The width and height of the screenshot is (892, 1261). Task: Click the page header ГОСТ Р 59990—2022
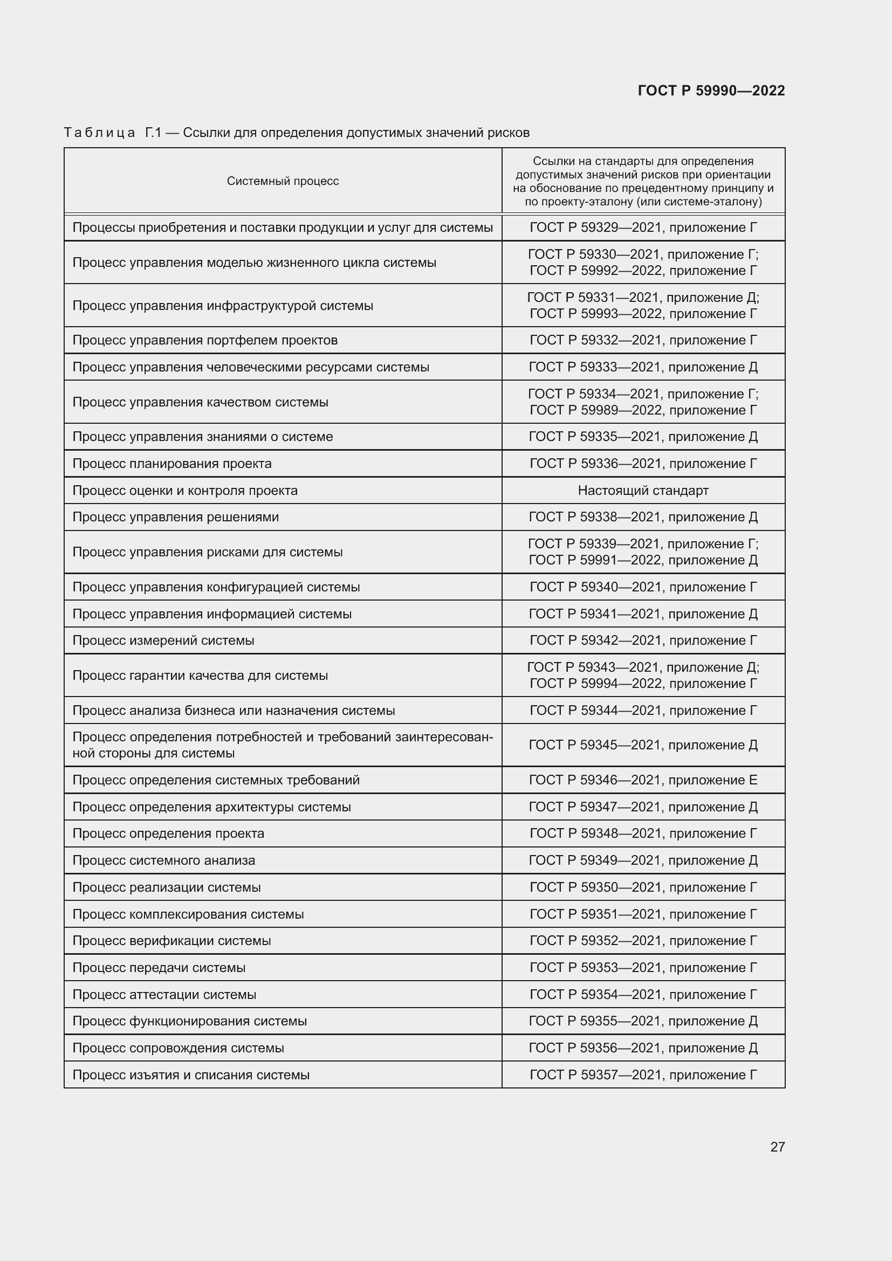[x=711, y=91]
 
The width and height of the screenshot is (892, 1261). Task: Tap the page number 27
[x=777, y=1147]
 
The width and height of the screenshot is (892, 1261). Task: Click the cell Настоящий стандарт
[x=643, y=491]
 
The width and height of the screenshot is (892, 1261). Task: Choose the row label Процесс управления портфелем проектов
[x=205, y=340]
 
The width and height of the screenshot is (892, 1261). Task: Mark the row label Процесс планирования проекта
[x=172, y=464]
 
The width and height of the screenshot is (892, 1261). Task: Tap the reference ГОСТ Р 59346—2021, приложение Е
[x=643, y=780]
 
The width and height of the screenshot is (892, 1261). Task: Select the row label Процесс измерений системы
[x=163, y=640]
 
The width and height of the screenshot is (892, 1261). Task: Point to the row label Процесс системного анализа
[x=164, y=860]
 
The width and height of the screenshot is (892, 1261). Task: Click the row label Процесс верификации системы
[x=171, y=941]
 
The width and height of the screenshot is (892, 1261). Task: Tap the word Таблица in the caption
[x=99, y=133]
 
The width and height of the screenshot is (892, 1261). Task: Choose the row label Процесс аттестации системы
[x=164, y=995]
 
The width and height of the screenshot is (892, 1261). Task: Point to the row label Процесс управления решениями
[x=175, y=517]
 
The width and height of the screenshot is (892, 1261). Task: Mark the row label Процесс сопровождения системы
[x=178, y=1048]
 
